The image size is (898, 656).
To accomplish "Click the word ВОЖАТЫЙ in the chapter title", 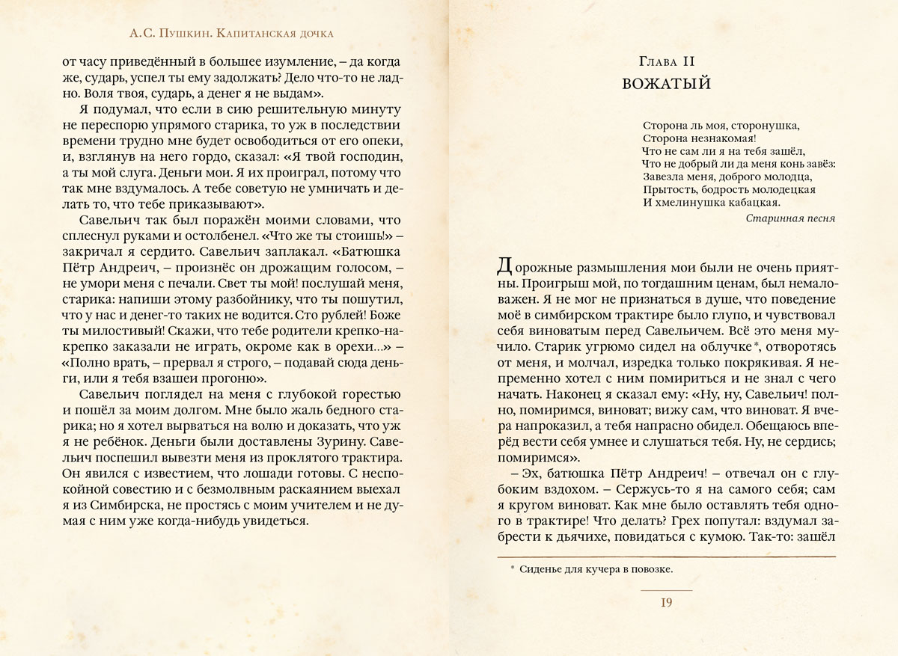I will click(x=665, y=83).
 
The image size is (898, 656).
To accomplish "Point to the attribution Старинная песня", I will click(x=781, y=218).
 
